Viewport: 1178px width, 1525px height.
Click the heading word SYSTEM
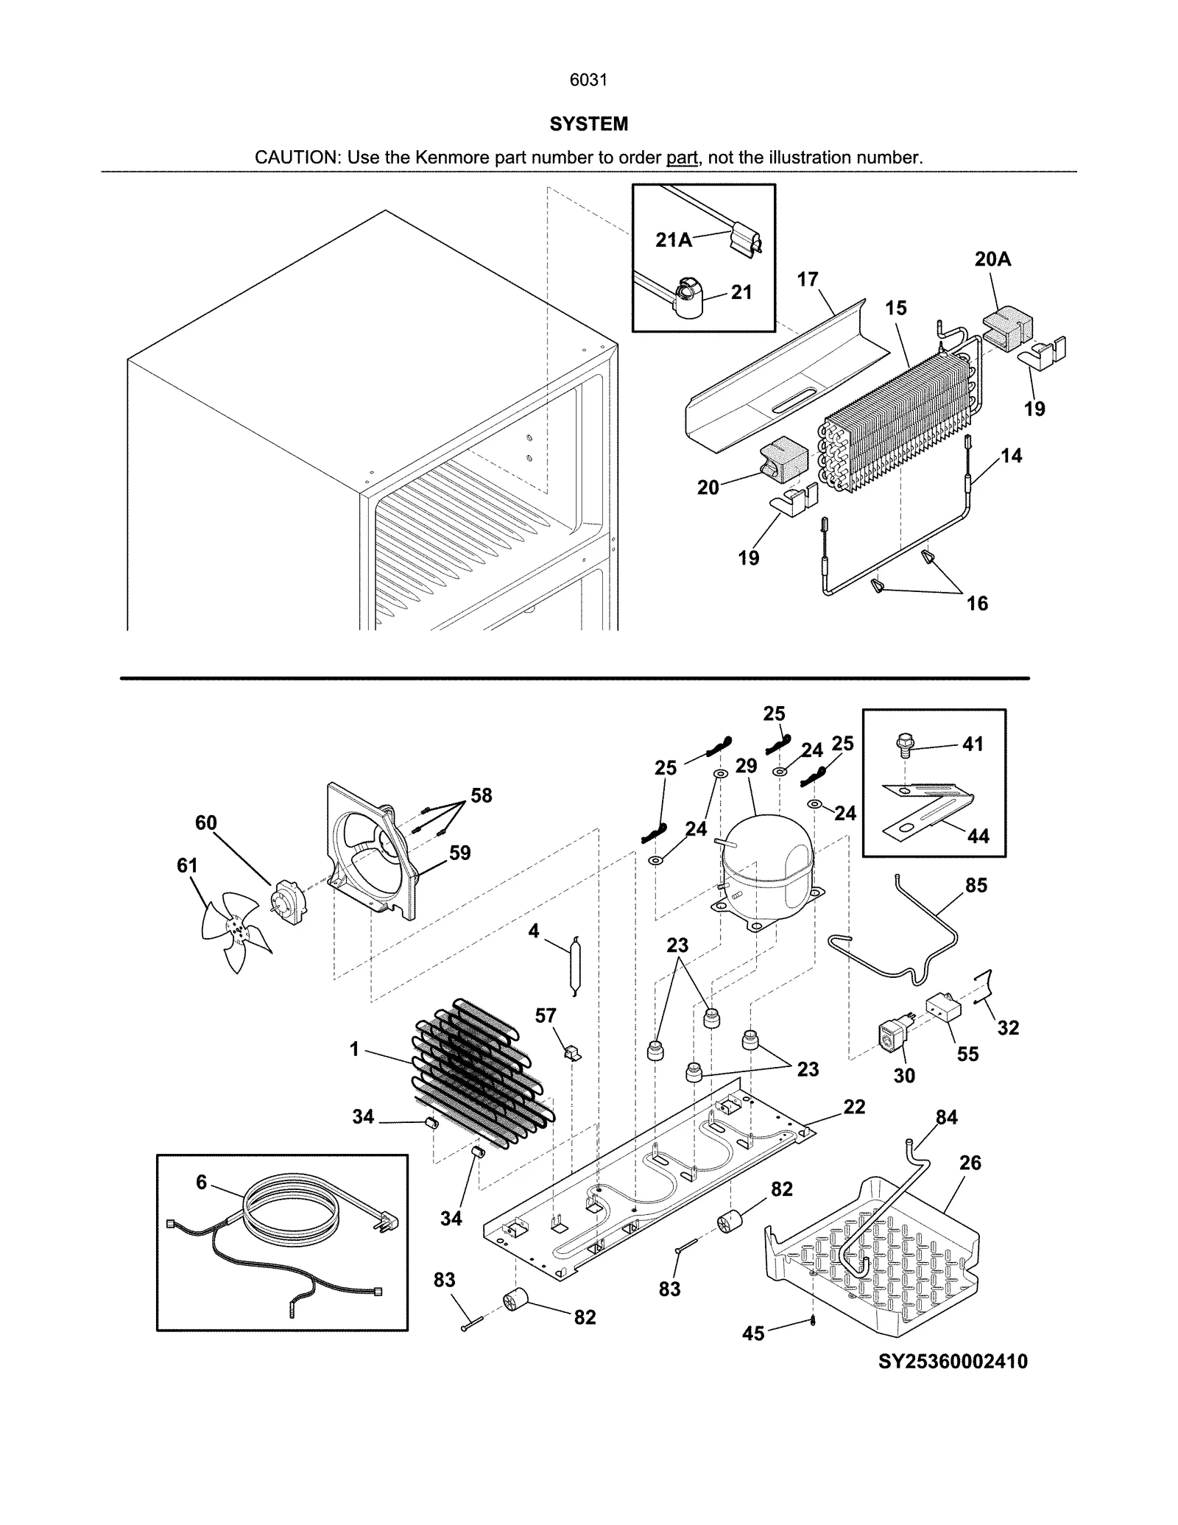pyautogui.click(x=588, y=124)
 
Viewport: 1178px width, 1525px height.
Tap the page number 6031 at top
pyautogui.click(x=588, y=80)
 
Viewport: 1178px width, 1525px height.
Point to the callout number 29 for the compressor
pyautogui.click(x=746, y=766)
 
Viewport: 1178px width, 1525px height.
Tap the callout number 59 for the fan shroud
pyautogui.click(x=459, y=853)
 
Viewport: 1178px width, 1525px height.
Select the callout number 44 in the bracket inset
pyautogui.click(x=978, y=836)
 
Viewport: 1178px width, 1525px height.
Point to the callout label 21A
pyautogui.click(x=674, y=240)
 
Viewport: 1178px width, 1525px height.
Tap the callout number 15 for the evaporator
pyautogui.click(x=895, y=308)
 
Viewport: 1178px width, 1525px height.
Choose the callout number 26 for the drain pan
pyautogui.click(x=970, y=1163)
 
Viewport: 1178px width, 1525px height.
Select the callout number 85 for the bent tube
pyautogui.click(x=976, y=885)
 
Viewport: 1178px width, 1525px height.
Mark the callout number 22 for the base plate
pyautogui.click(x=854, y=1106)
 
